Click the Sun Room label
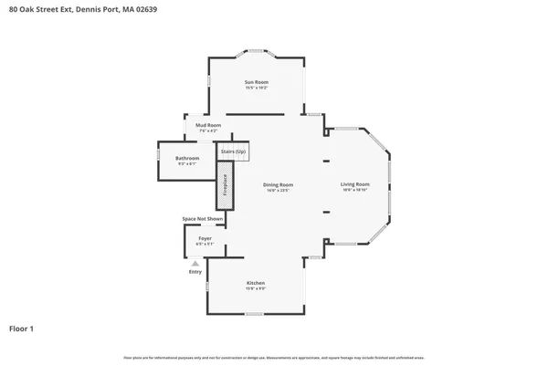pyautogui.click(x=256, y=83)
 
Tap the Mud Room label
pyautogui.click(x=207, y=125)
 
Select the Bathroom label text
pyautogui.click(x=187, y=158)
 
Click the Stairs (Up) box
pyautogui.click(x=234, y=151)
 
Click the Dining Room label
pyautogui.click(x=279, y=184)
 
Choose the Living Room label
pyautogui.click(x=355, y=184)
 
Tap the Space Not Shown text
pyautogui.click(x=202, y=219)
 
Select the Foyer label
pyautogui.click(x=205, y=238)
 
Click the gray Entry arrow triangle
pyautogui.click(x=195, y=263)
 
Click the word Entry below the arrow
pyautogui.click(x=195, y=272)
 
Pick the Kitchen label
pyautogui.click(x=256, y=283)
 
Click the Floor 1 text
pyautogui.click(x=22, y=328)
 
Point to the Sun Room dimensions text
pyautogui.click(x=256, y=89)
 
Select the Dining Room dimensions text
pyautogui.click(x=279, y=190)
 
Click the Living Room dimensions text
pyautogui.click(x=355, y=190)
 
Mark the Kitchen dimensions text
pyautogui.click(x=256, y=288)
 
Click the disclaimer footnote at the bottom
pyautogui.click(x=274, y=358)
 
